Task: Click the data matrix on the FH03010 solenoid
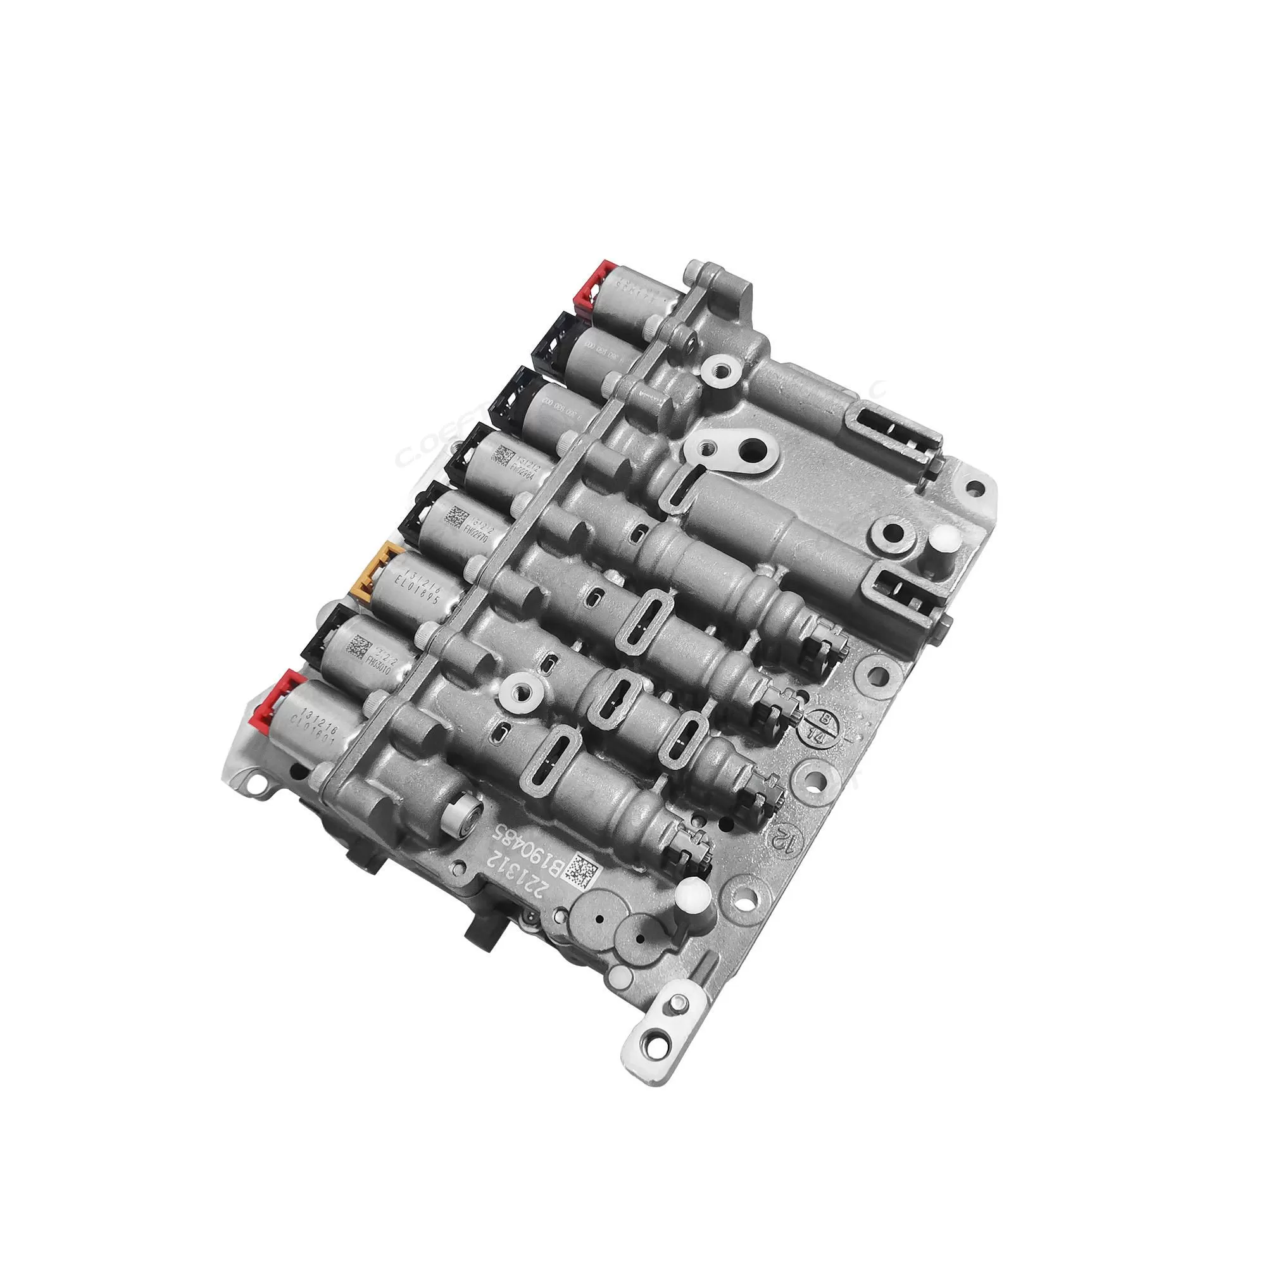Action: tap(358, 647)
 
